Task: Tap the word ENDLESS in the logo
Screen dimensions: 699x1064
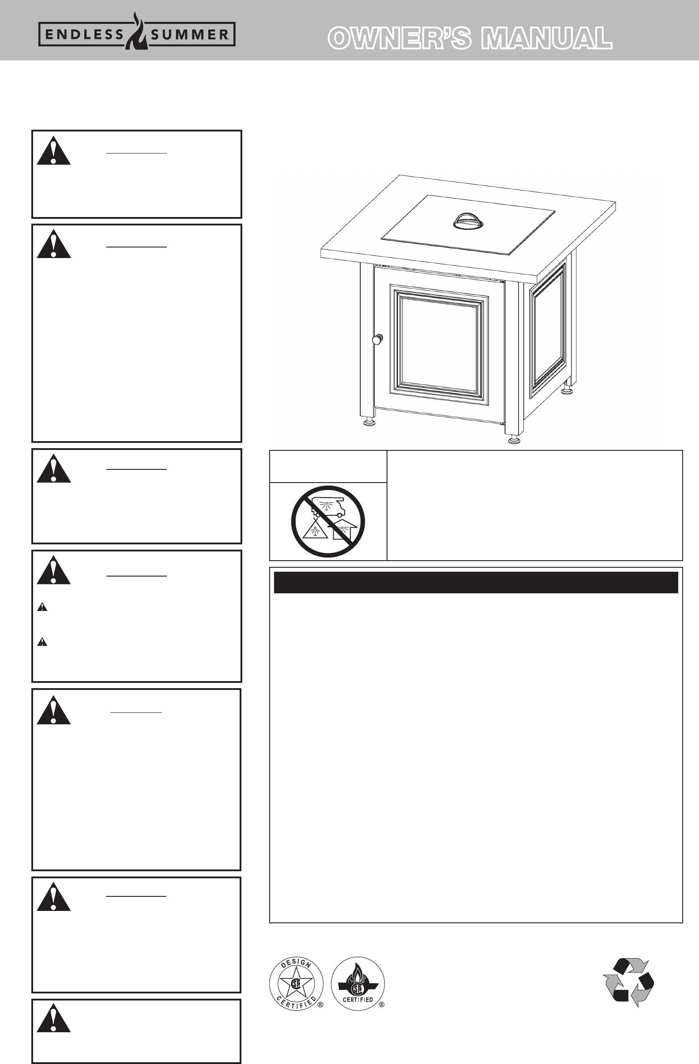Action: tap(84, 35)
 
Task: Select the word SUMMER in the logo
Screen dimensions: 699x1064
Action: tap(189, 35)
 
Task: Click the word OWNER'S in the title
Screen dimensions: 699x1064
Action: tap(399, 38)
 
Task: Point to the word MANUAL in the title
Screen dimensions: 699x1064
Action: tap(546, 38)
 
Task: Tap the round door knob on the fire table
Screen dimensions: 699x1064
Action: tap(377, 339)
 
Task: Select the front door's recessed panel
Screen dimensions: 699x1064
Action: tap(439, 344)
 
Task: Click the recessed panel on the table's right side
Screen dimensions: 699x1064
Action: tap(548, 330)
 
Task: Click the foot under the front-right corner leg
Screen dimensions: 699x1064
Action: tap(514, 439)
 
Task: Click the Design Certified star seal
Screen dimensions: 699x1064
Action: tap(296, 984)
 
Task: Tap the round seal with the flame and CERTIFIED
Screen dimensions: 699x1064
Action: tap(358, 984)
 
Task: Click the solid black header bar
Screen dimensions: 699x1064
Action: tap(476, 582)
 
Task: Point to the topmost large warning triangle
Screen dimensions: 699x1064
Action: tap(54, 151)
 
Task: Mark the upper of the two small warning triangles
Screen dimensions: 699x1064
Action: tap(42, 607)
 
